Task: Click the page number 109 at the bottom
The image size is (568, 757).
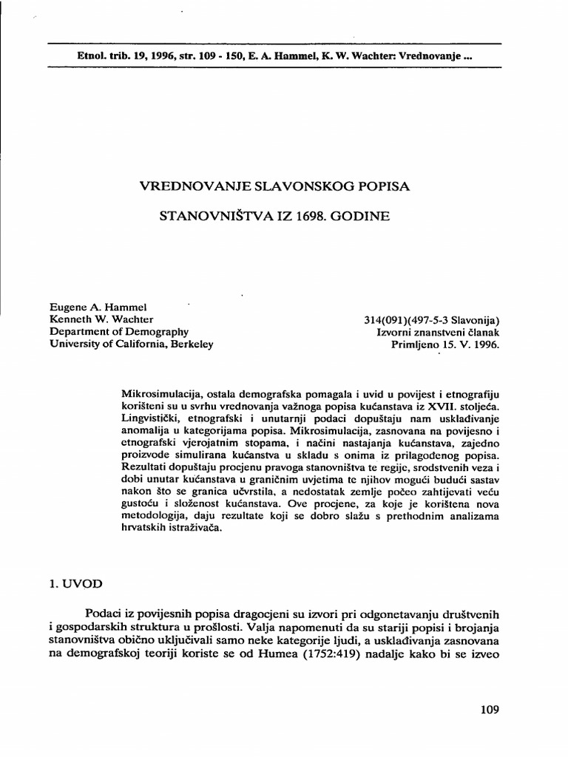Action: tap(489, 710)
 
